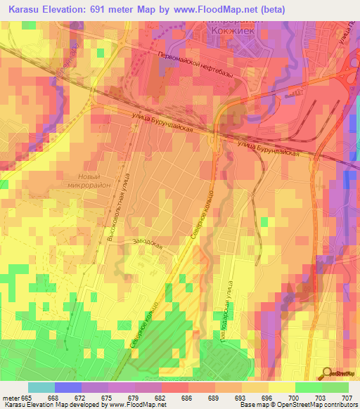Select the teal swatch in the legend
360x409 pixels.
point(41,387)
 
